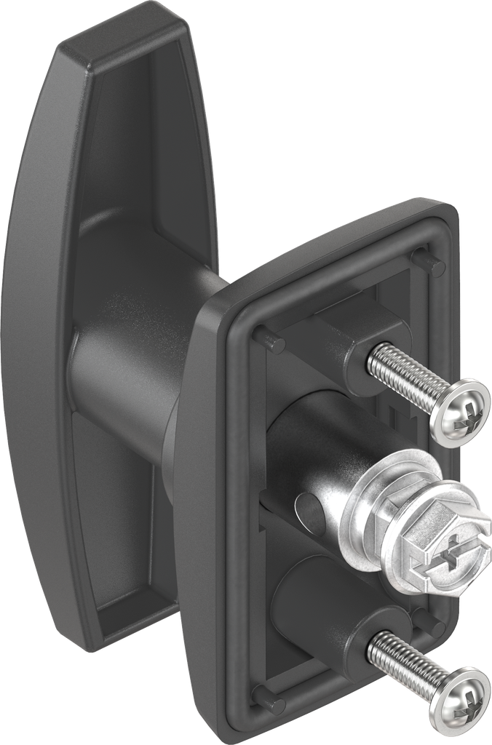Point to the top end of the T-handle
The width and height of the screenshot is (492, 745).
124,36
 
